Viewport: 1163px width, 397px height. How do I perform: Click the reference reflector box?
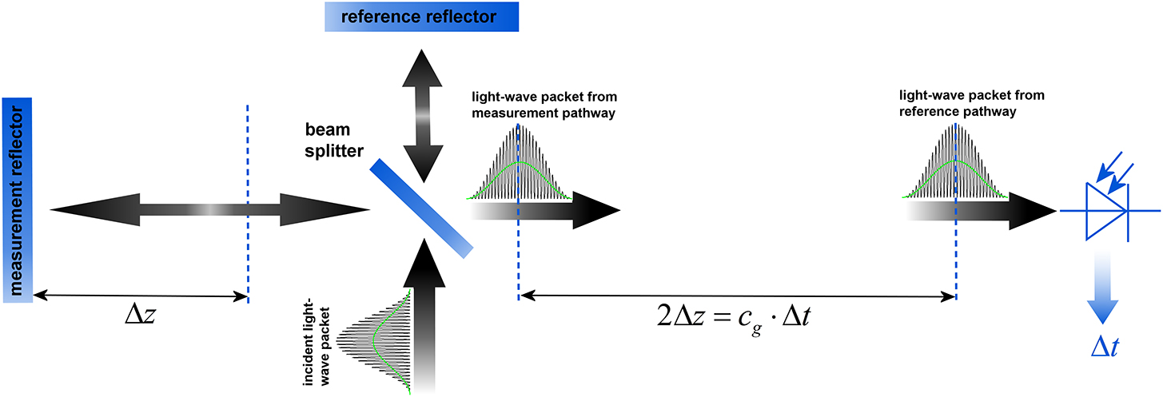(420, 17)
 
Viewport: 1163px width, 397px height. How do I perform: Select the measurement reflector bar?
(17, 200)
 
